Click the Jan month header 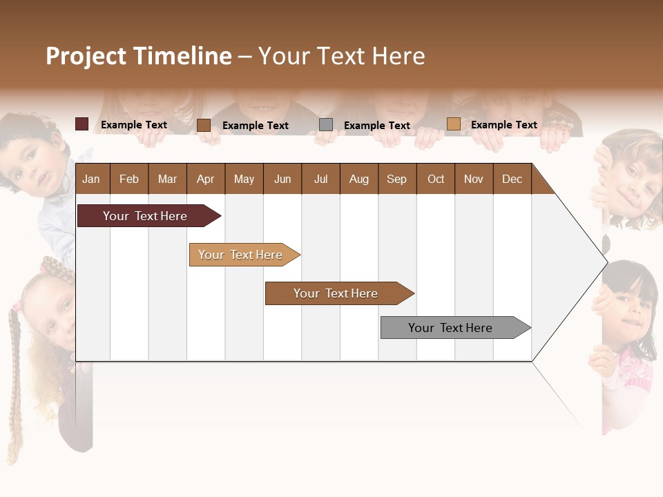[92, 179]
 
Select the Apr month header [206, 179]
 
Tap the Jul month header [321, 179]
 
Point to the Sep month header [396, 179]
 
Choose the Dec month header [512, 179]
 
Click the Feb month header [129, 179]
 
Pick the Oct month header [436, 179]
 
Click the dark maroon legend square [81, 124]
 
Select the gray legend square [326, 125]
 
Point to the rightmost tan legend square [453, 124]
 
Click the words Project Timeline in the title [138, 56]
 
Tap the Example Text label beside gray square [377, 126]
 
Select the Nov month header [474, 179]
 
